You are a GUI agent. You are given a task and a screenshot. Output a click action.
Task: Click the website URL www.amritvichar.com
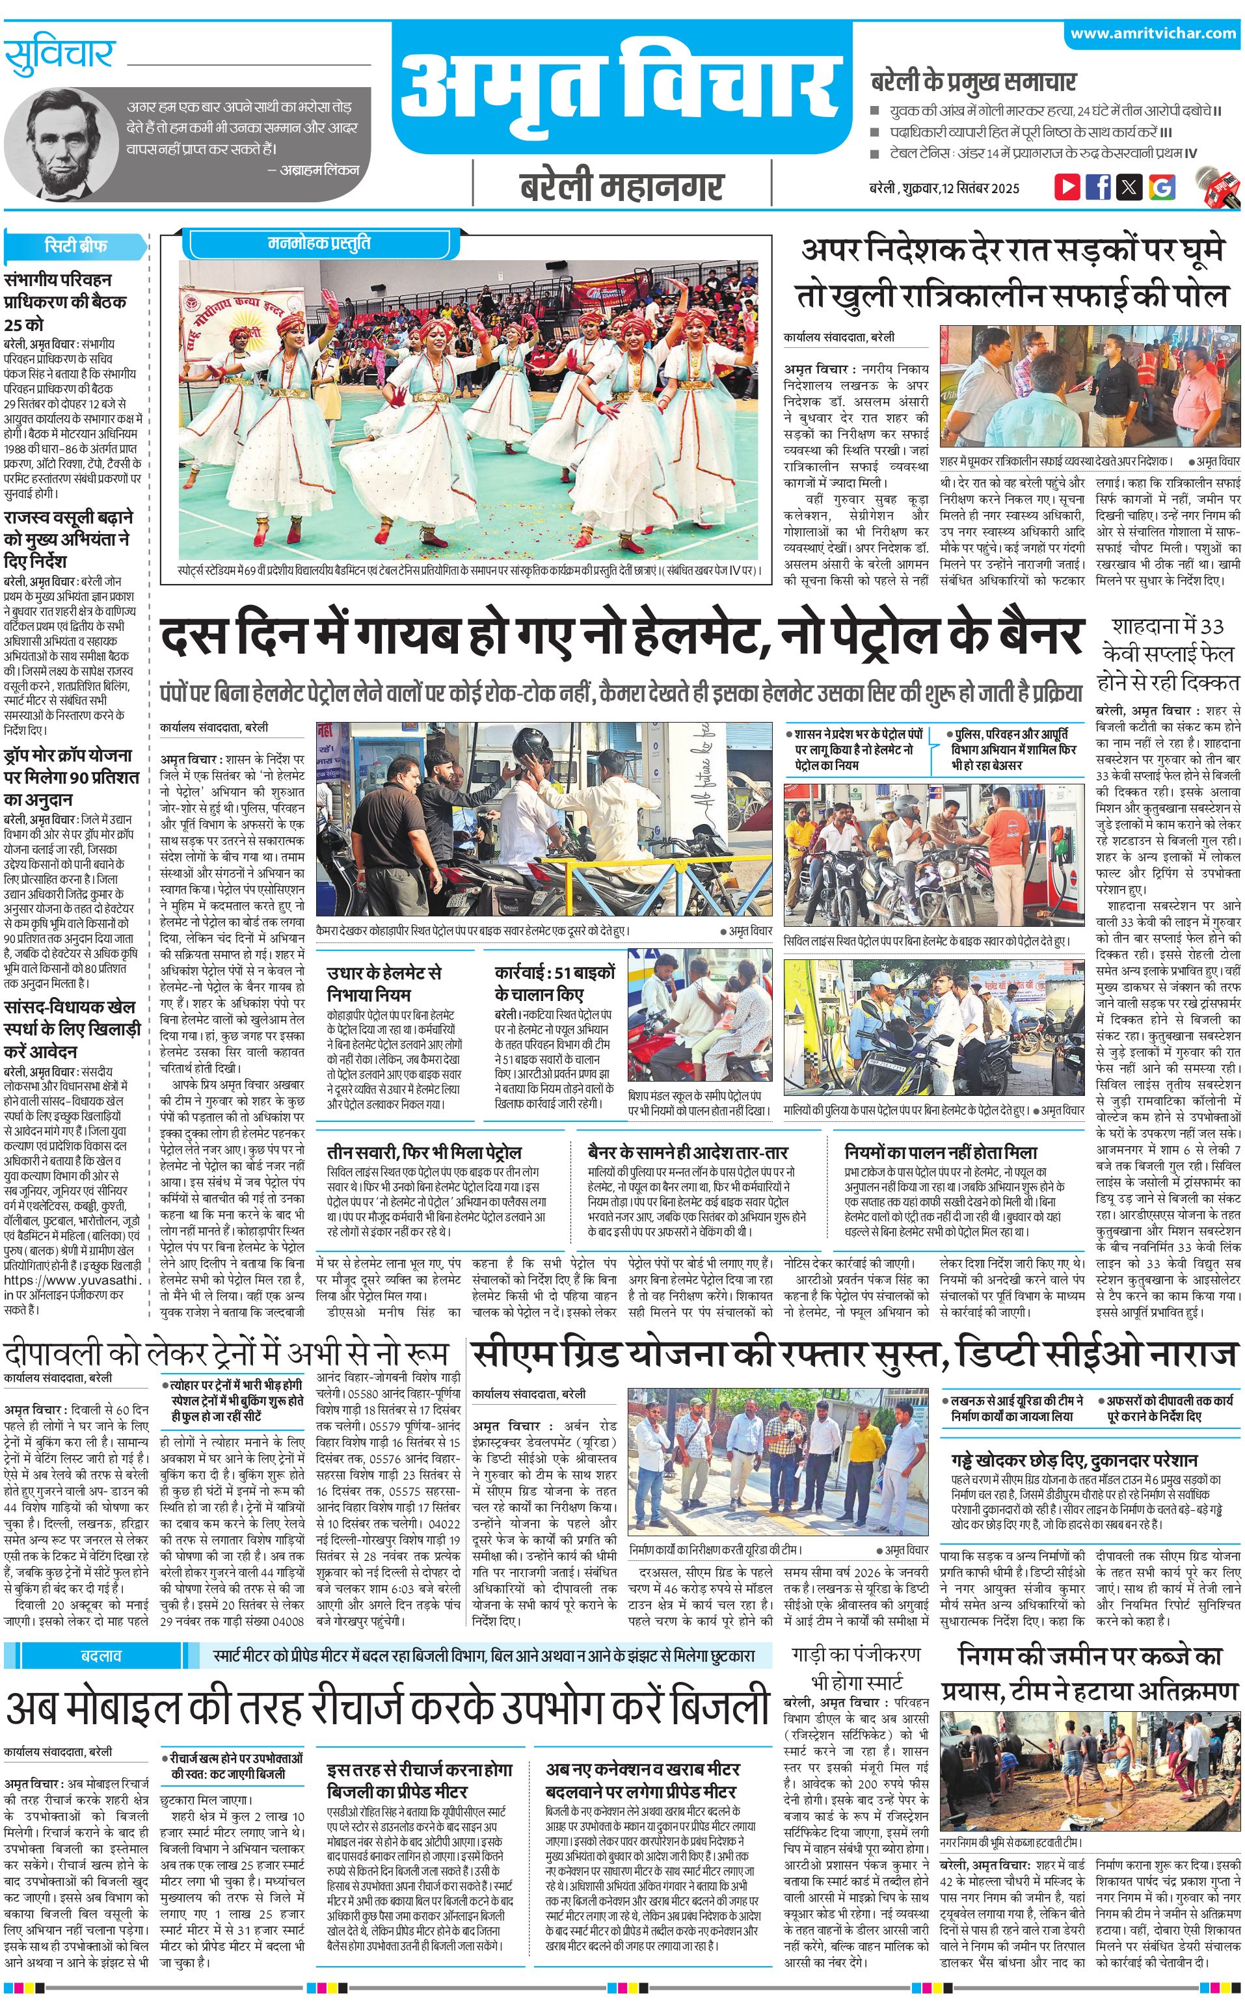[1153, 34]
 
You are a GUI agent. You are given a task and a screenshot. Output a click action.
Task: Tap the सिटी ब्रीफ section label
[75, 246]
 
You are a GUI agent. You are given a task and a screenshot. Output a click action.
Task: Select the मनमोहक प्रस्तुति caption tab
[319, 244]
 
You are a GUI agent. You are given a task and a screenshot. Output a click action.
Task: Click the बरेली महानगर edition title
[622, 186]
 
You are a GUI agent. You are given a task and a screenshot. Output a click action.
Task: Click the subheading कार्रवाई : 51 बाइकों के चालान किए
[554, 982]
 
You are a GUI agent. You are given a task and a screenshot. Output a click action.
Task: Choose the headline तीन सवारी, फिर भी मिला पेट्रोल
[424, 1152]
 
